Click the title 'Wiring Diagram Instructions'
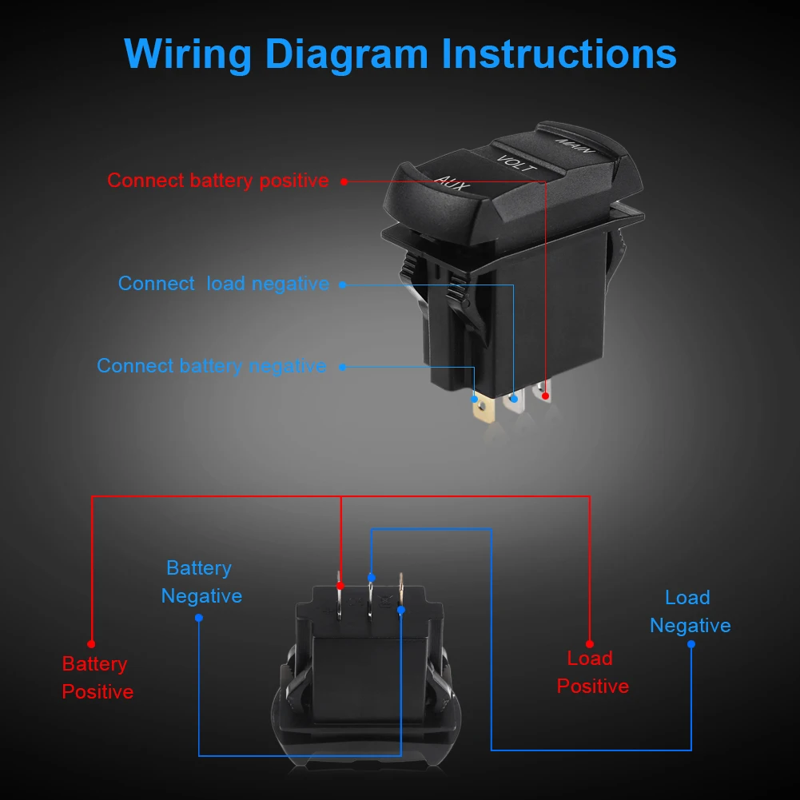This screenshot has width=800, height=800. pos(400,54)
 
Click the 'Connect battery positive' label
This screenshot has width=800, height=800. pos(218,181)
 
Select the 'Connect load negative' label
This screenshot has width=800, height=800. pos(224,284)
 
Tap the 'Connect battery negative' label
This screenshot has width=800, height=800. pos(212,366)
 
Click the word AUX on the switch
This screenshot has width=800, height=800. pos(452,182)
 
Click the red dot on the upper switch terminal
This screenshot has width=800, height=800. pos(546,396)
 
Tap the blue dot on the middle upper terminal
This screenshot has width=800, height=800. pos(514,398)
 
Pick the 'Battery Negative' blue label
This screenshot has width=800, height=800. pos(201,582)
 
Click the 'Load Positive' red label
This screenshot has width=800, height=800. pos(592,672)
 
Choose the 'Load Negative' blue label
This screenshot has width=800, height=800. pos(690,611)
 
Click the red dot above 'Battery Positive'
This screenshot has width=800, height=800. pos(92,643)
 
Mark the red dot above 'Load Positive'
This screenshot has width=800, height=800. pos(590,643)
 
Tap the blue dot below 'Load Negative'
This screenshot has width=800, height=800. pos(691,643)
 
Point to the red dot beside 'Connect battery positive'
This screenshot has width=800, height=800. pos(344,181)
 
